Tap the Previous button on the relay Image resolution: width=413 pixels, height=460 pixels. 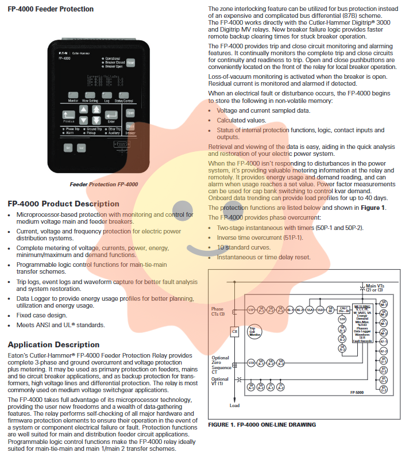click(69, 115)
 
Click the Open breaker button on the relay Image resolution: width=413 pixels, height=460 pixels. click(130, 113)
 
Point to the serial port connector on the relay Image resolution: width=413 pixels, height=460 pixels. click(122, 144)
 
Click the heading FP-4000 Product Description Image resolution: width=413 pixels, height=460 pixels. click(63, 204)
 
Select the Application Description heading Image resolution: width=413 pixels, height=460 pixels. click(53, 344)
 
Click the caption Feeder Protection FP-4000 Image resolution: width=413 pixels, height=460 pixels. click(103, 185)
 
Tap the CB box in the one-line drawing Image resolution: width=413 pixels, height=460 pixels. click(234, 331)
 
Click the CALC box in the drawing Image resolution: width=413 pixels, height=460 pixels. click(343, 309)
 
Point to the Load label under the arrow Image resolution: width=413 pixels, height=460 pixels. click(234, 405)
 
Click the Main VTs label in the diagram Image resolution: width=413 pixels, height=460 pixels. click(376, 287)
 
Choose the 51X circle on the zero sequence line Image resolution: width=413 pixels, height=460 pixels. click(251, 363)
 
